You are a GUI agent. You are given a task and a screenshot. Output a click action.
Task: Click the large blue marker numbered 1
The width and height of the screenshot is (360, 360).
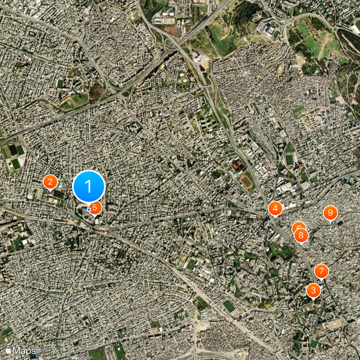click(x=89, y=186)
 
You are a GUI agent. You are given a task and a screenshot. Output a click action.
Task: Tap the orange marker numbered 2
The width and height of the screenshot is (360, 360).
click(x=50, y=182)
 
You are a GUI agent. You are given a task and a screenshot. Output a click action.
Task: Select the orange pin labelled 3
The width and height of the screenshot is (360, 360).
click(x=313, y=290)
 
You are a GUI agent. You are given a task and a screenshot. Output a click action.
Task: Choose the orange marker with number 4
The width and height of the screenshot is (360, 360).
click(x=275, y=208)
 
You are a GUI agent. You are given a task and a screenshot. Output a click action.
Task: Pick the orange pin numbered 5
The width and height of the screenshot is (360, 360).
click(x=95, y=207)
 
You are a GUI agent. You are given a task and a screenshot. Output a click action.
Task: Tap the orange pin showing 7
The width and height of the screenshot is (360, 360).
click(x=321, y=271)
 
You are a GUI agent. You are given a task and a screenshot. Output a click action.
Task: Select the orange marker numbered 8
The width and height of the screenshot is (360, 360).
click(x=301, y=234)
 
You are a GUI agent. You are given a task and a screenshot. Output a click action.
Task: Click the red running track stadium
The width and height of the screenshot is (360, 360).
click(x=246, y=181)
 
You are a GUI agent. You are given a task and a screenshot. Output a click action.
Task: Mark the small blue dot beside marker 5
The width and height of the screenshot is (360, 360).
click(x=89, y=209)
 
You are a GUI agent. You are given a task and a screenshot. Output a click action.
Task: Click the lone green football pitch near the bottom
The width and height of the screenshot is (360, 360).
click(x=229, y=306)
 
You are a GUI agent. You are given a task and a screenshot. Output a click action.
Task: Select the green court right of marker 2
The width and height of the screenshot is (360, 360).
click(x=60, y=185)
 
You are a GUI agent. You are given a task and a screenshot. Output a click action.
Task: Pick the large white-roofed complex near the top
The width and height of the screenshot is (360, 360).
click(x=270, y=30)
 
